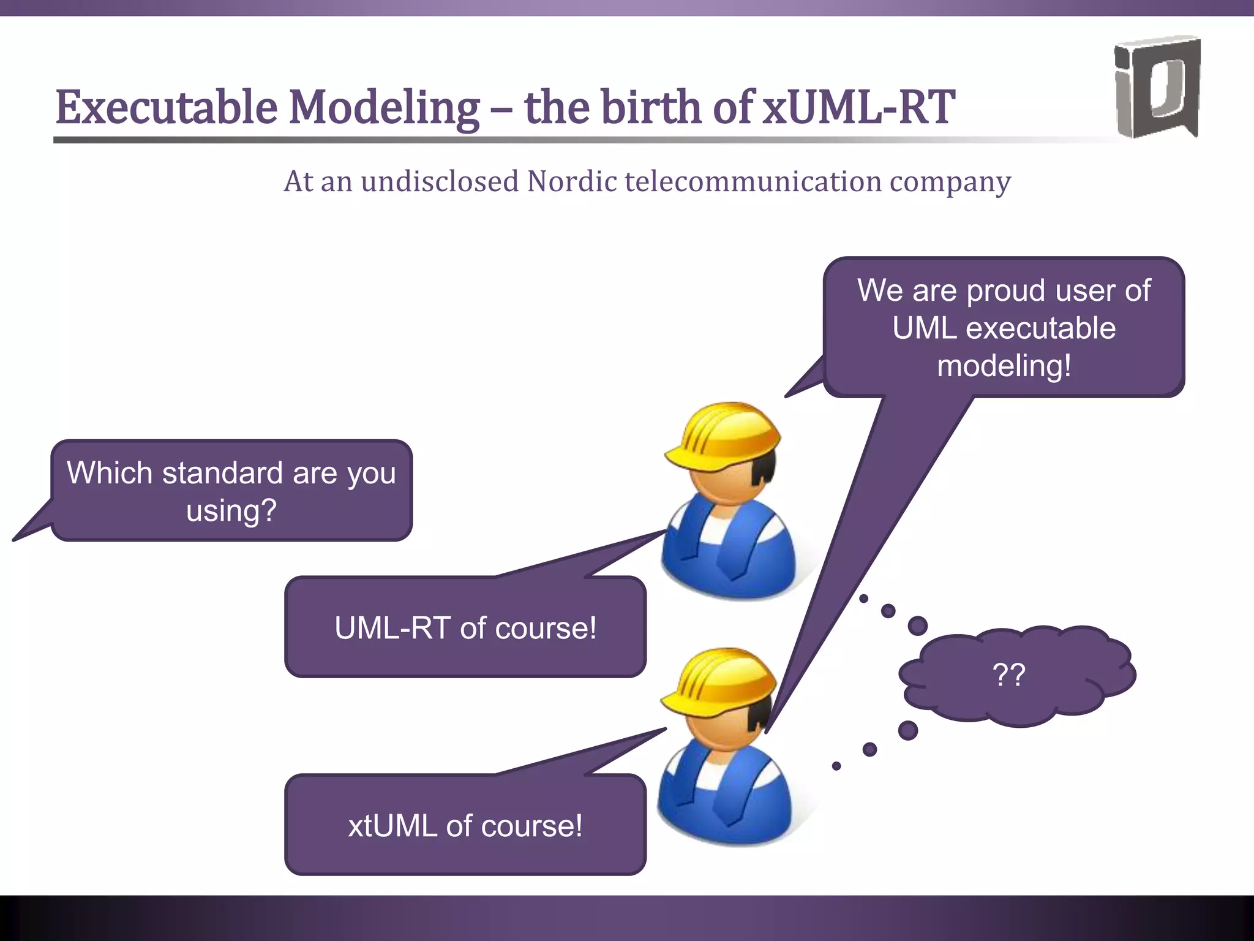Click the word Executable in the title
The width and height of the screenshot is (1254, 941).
coord(167,108)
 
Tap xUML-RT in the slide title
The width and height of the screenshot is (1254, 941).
coord(858,108)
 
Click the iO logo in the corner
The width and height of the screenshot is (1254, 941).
coord(1156,87)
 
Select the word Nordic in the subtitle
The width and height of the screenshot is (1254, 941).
coord(572,182)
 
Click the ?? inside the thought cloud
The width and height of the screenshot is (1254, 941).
coord(1008,675)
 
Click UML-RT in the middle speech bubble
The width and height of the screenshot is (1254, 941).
coord(392,628)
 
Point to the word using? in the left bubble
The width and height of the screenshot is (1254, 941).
coord(231,511)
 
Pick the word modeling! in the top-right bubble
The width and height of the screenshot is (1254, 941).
coord(1004,366)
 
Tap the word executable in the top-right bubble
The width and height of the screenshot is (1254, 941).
coord(1040,328)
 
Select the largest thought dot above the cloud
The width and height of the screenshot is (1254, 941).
coord(917,626)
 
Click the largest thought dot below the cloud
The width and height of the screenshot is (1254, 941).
coord(907,730)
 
